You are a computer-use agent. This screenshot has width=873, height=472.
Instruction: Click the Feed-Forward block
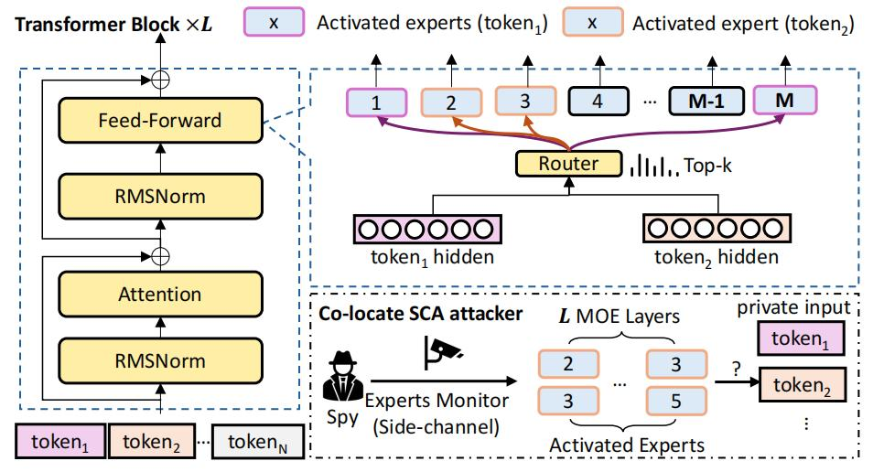click(160, 120)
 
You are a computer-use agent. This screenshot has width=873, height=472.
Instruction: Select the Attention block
click(160, 294)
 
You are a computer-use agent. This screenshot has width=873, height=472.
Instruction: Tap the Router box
click(568, 164)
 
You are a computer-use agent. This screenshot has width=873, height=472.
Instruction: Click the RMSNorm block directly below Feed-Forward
click(160, 197)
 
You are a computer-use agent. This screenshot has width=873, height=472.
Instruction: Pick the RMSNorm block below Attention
click(160, 360)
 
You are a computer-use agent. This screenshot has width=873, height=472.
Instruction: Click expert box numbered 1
click(376, 102)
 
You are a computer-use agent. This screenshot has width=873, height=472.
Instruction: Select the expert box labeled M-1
click(706, 102)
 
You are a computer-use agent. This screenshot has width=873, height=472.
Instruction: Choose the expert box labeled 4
click(598, 102)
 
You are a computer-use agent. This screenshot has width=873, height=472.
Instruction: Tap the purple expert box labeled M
click(785, 101)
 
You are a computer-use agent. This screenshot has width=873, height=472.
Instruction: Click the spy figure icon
click(343, 376)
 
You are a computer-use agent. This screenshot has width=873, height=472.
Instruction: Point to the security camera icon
click(442, 352)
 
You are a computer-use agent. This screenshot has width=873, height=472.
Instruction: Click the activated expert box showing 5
click(676, 402)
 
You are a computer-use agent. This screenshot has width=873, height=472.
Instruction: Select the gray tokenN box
click(258, 442)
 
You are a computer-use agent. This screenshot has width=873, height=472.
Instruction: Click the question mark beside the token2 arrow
click(737, 369)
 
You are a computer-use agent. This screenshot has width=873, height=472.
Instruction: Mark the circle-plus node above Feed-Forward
click(160, 80)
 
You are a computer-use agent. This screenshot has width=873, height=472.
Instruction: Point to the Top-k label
click(707, 166)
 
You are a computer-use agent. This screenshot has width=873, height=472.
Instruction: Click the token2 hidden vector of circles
click(717, 228)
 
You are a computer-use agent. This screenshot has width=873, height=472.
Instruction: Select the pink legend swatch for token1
click(274, 22)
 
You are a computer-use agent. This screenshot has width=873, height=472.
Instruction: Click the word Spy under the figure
click(343, 417)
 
